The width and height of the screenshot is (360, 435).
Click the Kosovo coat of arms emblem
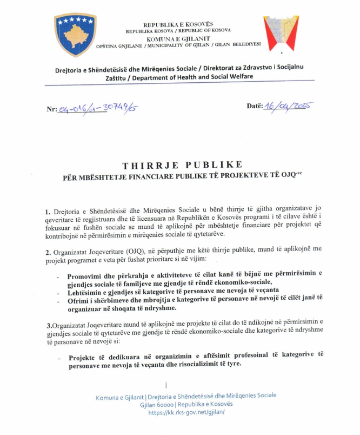pos(75,35)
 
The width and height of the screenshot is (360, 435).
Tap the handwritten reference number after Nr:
pos(97,108)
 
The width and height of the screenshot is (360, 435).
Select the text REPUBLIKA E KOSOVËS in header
pos(178,24)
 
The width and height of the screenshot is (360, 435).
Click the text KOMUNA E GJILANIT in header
pos(178,39)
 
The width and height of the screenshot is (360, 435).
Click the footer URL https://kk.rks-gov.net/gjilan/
pos(186,412)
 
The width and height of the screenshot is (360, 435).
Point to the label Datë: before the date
pos(255,107)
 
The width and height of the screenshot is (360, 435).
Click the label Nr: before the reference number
pos(52,109)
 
